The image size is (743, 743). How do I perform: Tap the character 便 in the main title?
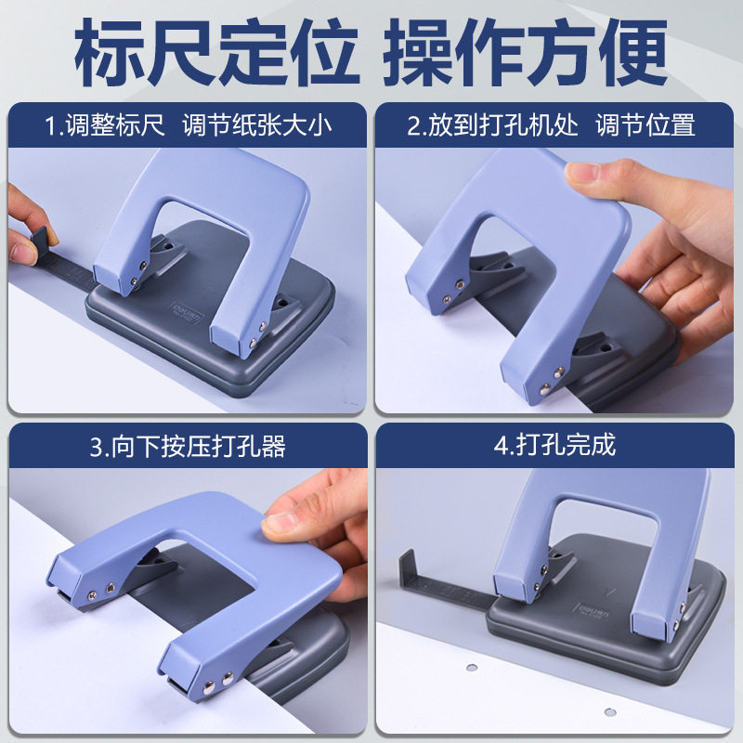coord(633,52)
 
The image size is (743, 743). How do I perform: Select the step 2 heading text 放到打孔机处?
coord(502,125)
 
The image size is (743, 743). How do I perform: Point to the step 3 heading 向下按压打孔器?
coord(199,447)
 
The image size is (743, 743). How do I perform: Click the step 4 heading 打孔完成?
coord(566,446)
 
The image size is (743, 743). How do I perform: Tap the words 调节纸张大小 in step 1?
coord(257,125)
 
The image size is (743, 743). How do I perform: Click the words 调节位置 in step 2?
coord(645,125)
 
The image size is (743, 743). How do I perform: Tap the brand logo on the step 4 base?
coord(592,610)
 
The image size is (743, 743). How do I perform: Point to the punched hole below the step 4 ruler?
coord(472,668)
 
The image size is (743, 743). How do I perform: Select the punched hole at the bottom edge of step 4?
coord(610,711)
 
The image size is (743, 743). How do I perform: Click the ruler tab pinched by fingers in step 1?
coord(40,242)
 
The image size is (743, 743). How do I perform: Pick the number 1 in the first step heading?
coord(50,126)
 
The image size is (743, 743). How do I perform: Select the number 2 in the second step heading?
coord(413,126)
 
